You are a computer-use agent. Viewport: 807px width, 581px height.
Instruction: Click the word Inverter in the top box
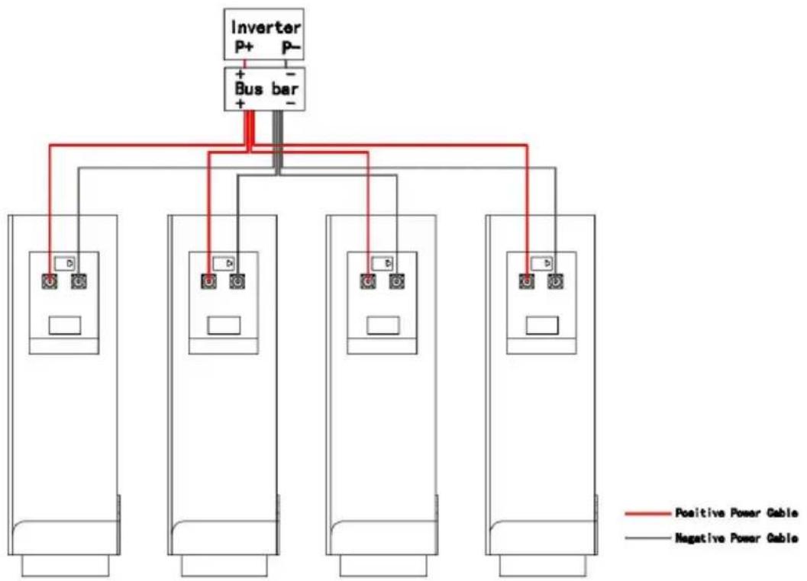[266, 27]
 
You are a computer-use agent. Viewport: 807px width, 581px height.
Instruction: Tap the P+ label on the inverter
[244, 47]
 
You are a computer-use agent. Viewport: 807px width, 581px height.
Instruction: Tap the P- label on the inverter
[291, 47]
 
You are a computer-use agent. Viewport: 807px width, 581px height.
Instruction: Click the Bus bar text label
[266, 88]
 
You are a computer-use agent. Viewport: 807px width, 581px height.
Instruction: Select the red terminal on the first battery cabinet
[50, 281]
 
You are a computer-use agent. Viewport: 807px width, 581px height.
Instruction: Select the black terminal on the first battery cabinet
[79, 281]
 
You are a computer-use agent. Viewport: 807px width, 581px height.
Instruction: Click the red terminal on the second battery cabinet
[208, 281]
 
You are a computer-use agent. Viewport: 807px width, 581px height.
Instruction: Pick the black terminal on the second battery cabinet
[237, 281]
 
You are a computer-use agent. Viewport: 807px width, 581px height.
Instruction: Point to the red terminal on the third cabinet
[367, 281]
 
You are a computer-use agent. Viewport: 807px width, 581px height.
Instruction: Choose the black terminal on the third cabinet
[396, 281]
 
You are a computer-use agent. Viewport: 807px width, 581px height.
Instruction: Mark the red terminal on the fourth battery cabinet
[527, 281]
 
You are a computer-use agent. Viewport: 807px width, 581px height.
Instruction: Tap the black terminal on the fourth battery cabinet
[555, 281]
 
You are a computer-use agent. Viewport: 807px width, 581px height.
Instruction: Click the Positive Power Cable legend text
[737, 512]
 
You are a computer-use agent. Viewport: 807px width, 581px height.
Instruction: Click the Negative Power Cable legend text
[737, 538]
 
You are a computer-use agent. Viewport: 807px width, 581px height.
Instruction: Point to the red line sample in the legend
[648, 513]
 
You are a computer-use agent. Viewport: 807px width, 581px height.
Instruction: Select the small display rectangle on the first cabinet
[65, 326]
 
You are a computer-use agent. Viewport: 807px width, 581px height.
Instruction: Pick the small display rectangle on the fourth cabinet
[542, 326]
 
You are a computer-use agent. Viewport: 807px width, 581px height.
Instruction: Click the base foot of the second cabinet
[224, 566]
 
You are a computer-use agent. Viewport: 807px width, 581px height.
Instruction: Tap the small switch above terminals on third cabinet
[383, 263]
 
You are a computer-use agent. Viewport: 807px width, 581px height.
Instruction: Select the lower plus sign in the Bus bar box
[240, 104]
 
